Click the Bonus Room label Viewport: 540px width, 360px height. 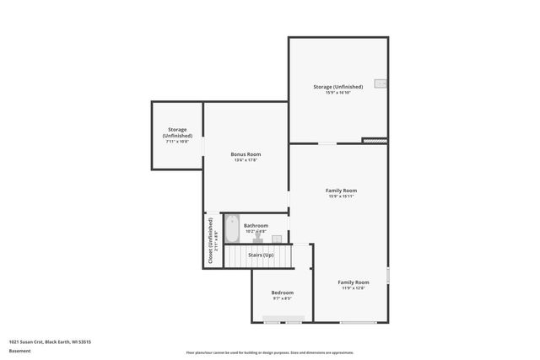[246, 154]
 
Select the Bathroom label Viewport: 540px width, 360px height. [256, 225]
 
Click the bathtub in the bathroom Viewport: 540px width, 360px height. [232, 229]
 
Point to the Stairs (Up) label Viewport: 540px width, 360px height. [259, 255]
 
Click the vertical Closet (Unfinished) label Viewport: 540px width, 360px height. [210, 242]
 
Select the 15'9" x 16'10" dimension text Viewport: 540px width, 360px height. [337, 93]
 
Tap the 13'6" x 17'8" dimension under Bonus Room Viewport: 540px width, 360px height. [246, 160]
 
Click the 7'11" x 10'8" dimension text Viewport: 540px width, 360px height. [176, 141]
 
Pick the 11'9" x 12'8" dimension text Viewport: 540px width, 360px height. [354, 287]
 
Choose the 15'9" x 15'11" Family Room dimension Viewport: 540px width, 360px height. [341, 196]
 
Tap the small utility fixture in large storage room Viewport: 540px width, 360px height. [381, 84]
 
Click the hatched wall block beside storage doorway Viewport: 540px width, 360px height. [374, 141]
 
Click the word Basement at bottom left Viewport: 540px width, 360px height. [19, 352]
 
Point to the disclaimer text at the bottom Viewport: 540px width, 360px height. [270, 352]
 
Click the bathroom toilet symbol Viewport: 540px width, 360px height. [257, 239]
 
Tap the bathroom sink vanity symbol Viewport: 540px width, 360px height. [276, 239]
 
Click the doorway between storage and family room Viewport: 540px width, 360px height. [327, 143]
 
